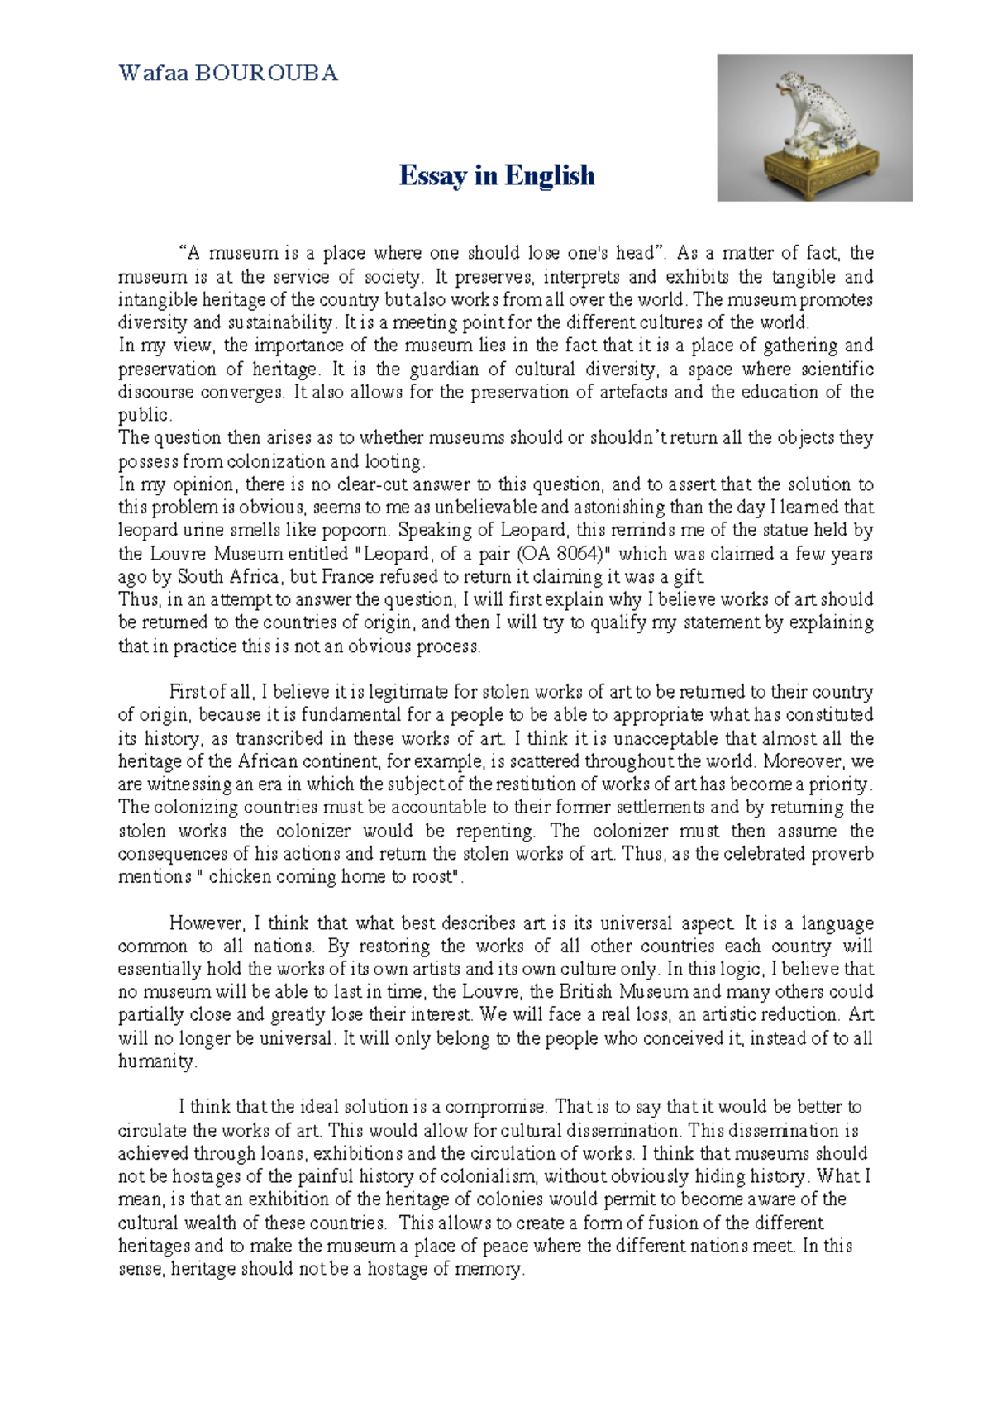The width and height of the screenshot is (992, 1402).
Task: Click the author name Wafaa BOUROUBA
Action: (x=228, y=74)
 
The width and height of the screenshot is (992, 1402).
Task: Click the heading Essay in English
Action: (x=496, y=175)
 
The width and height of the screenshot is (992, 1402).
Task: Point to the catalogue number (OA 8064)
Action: (x=566, y=554)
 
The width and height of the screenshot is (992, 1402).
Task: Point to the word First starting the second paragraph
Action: (x=187, y=692)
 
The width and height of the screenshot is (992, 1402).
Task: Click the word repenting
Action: (x=495, y=831)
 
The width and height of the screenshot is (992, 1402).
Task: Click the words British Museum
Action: (x=623, y=992)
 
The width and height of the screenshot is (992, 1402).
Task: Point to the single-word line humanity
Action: (x=157, y=1062)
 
